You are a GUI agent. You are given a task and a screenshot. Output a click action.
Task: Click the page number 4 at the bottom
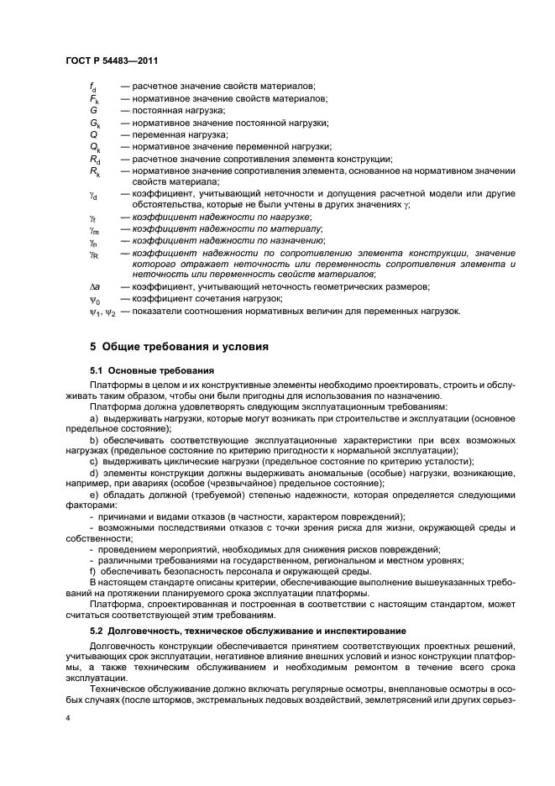pos(68,718)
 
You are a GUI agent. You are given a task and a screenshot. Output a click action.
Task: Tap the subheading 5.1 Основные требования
pos(151,370)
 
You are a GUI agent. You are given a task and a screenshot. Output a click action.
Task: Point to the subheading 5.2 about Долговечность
pos(236,631)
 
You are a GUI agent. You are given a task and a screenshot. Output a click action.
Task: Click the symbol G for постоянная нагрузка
pos(93,110)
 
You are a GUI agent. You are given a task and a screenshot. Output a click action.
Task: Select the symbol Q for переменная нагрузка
pos(93,134)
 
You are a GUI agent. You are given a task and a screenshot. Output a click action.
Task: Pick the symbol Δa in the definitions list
pos(95,286)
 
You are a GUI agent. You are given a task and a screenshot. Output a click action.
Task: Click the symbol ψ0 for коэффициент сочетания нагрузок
pos(95,299)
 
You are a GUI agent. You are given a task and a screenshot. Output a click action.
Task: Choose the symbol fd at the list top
pos(93,86)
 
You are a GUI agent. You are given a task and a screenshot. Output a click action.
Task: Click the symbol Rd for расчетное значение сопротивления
pos(95,159)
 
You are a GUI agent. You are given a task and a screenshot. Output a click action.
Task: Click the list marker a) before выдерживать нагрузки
pos(94,417)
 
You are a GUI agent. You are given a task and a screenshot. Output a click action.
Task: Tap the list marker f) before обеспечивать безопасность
pos(93,572)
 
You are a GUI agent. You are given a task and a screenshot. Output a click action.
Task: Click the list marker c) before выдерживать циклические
pos(94,461)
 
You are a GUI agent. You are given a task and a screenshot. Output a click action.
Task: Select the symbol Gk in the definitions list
pos(95,123)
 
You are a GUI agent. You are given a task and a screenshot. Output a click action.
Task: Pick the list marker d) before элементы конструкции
pos(94,473)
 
